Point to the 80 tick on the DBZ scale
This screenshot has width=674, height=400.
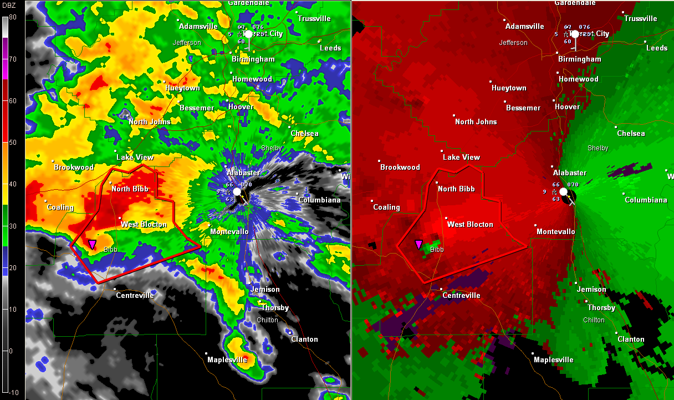point(12,17)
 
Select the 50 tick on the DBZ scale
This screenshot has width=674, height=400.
point(12,143)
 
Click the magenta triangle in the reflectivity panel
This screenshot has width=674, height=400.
point(92,244)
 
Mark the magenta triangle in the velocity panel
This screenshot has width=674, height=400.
point(418,244)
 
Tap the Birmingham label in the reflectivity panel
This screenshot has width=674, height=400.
point(254,59)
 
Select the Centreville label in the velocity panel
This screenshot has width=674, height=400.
point(461,295)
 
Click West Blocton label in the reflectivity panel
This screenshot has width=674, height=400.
point(144,224)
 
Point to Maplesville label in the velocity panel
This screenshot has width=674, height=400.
point(554,360)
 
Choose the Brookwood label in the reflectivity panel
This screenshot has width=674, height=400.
point(74,167)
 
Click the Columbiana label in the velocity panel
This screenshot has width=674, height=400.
point(646,200)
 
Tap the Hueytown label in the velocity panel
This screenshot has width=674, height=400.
point(509,88)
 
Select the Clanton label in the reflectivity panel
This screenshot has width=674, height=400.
point(305,339)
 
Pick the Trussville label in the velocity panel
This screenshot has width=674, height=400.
point(640,18)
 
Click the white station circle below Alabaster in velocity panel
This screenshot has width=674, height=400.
point(564,191)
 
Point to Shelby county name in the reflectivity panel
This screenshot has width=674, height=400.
point(271,148)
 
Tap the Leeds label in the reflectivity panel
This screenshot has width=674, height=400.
point(330,48)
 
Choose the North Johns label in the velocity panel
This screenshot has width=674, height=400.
point(476,121)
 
